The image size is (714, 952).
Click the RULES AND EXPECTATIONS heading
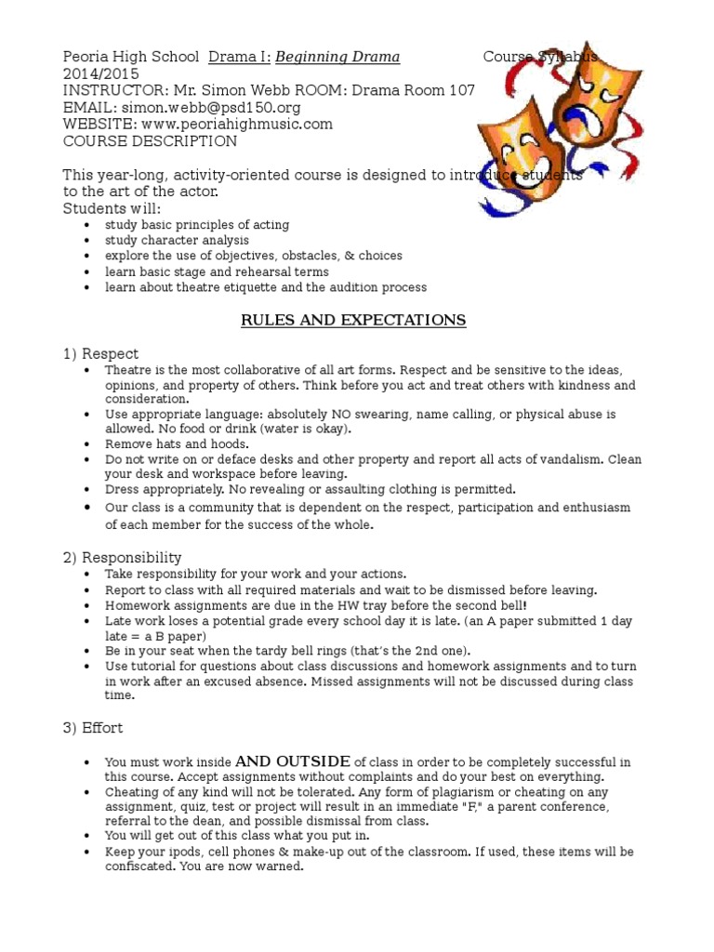point(353,321)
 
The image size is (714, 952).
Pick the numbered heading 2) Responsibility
point(122,557)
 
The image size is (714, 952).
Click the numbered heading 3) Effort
point(92,728)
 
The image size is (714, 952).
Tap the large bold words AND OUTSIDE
point(293,761)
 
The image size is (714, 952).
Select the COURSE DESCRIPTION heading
point(149,141)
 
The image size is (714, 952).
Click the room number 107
point(461,90)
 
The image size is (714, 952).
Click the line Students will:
point(112,207)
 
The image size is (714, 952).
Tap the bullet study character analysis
point(177,240)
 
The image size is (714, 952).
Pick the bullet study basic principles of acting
point(196,225)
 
